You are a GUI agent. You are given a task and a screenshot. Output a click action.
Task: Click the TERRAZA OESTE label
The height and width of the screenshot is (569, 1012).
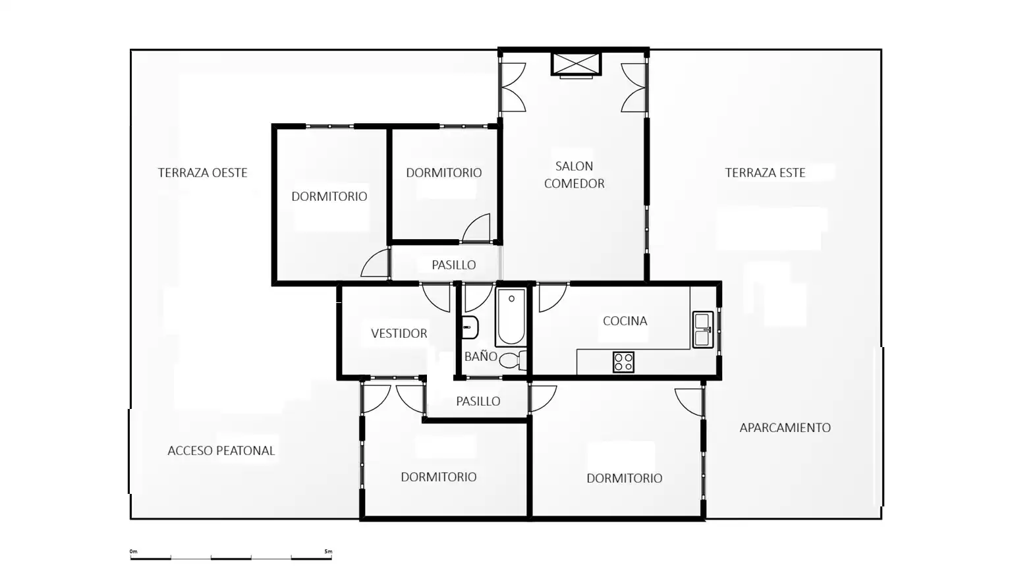202,173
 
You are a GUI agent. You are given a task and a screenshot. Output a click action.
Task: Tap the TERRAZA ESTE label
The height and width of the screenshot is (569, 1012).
765,173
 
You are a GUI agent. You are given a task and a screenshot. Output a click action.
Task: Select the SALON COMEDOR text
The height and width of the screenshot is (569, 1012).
575,175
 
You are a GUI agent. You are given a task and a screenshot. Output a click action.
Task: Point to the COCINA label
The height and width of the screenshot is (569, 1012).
625,321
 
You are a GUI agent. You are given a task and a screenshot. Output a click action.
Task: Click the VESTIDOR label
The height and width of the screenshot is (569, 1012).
399,334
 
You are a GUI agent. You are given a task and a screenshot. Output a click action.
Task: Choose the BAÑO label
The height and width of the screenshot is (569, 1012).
481,356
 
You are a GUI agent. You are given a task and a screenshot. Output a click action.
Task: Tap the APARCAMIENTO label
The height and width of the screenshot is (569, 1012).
785,427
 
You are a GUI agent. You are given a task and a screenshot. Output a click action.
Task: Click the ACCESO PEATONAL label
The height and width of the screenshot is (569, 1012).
221,450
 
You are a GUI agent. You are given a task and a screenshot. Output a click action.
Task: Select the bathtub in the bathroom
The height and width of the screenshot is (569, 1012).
511,317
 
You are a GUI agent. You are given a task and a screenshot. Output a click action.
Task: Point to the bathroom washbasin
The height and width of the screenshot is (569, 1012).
470,327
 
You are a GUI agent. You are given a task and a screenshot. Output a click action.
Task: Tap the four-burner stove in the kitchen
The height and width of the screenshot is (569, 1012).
623,362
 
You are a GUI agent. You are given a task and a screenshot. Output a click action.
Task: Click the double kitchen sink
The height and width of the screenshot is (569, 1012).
702,330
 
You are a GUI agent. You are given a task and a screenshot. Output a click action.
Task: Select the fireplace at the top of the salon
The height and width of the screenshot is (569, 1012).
576,65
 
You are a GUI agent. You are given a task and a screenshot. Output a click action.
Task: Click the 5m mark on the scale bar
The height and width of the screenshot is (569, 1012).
329,551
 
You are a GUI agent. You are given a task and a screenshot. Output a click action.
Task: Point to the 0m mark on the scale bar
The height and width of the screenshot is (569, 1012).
133,551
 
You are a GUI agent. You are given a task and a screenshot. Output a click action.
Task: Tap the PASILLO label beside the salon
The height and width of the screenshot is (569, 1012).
453,265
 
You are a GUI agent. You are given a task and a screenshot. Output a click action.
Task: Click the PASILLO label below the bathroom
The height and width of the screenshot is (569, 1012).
478,402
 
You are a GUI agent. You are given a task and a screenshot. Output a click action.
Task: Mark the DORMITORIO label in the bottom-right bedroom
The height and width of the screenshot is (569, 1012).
625,478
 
